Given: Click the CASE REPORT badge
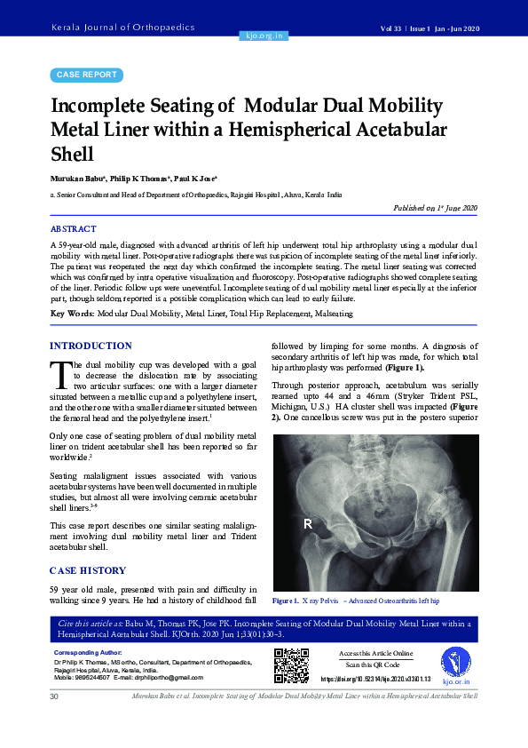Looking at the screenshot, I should click(x=87, y=75).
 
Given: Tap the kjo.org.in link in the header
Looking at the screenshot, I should click(x=264, y=36).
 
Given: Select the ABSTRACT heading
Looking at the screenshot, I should click(x=74, y=228).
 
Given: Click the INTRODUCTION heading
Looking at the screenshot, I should click(x=91, y=346).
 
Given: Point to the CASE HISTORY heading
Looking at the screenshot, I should click(x=88, y=570).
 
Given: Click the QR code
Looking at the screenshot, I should click(x=291, y=666).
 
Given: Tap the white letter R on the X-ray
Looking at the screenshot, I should click(x=308, y=524).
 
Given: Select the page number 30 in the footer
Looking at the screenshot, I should click(x=55, y=696).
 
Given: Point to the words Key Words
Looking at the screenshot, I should click(x=72, y=314).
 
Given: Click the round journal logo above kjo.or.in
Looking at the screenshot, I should click(x=455, y=662).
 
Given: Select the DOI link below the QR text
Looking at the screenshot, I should click(x=374, y=679).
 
